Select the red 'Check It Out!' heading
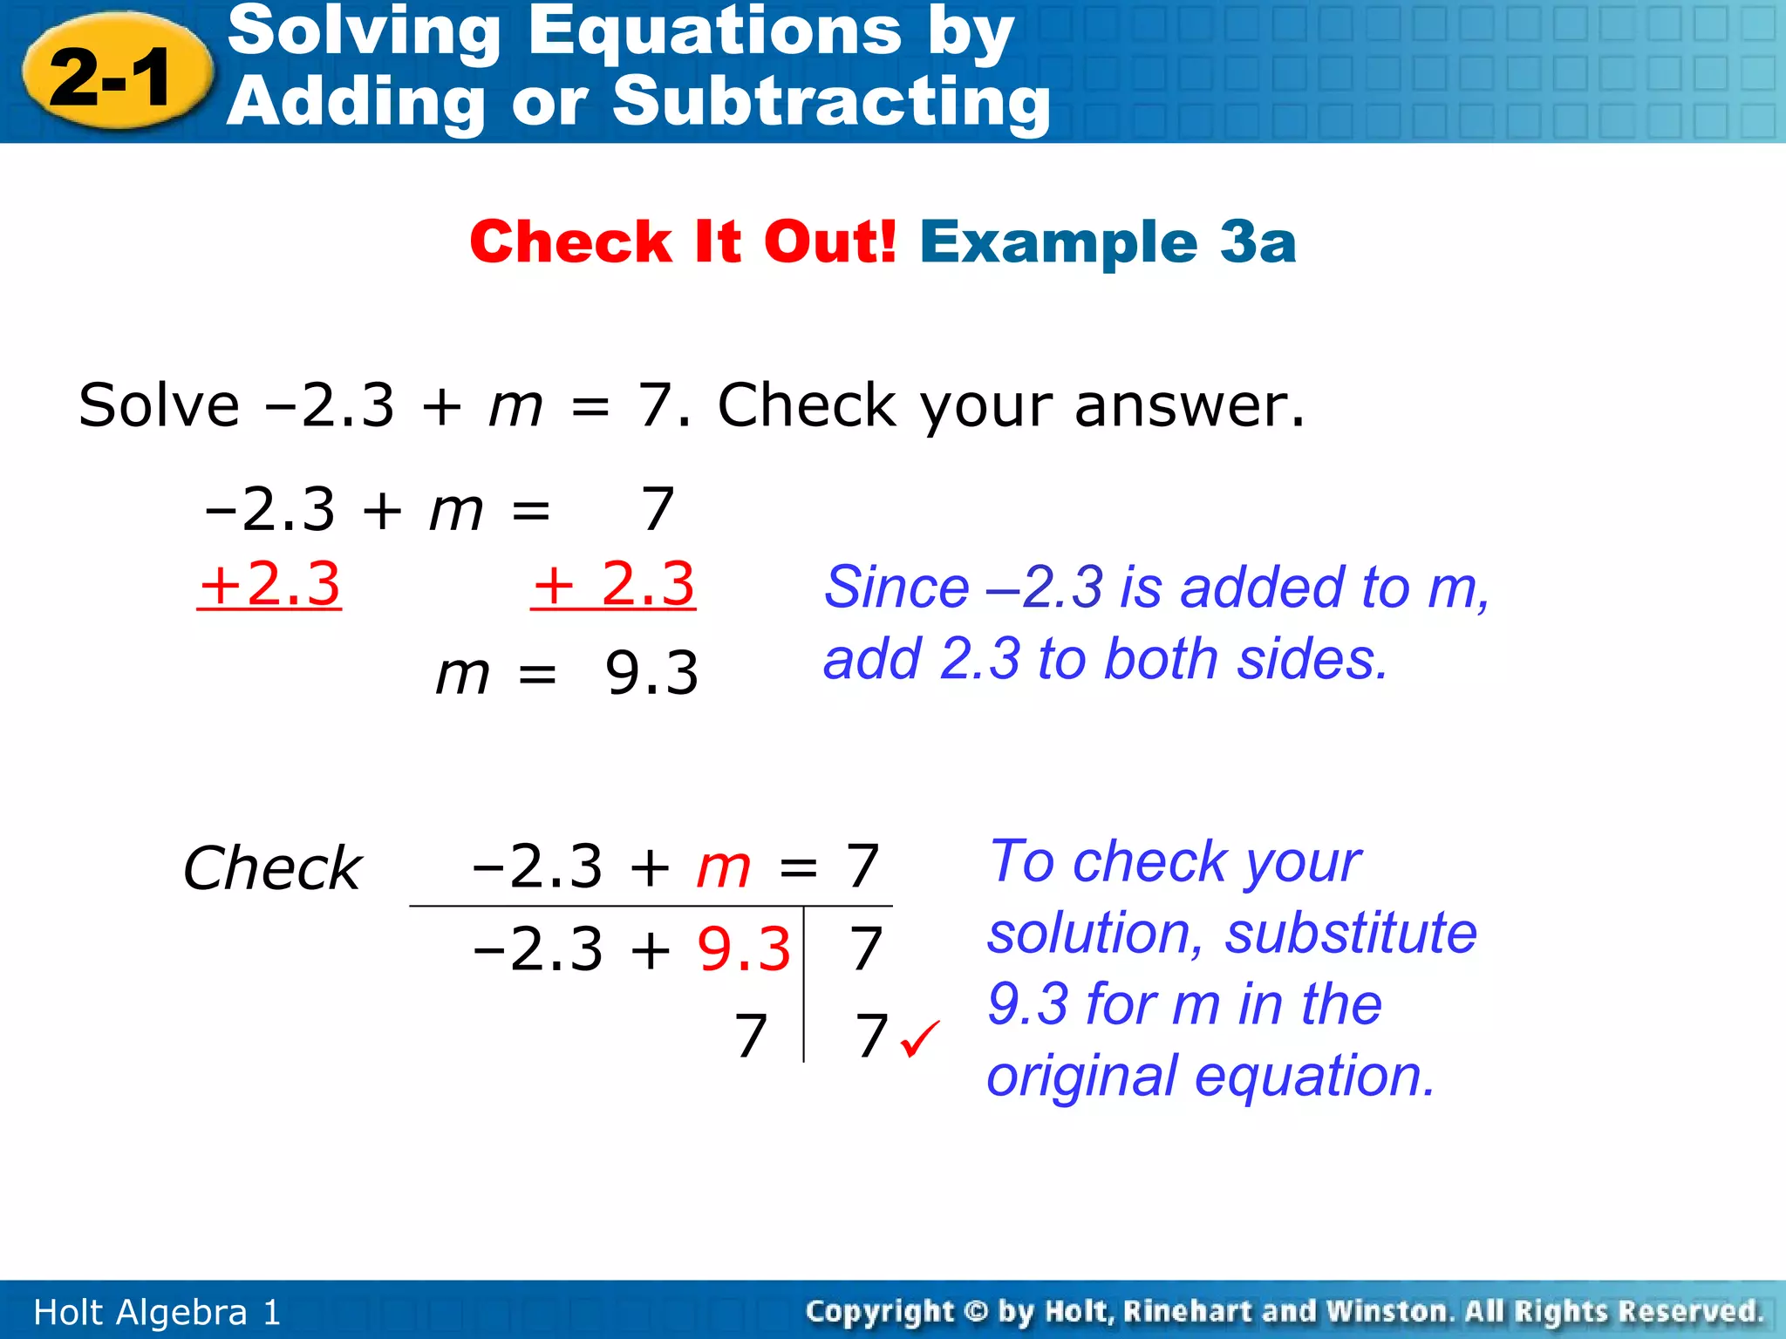(683, 241)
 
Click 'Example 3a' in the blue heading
(1108, 241)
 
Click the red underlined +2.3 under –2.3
(269, 584)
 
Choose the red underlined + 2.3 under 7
(613, 584)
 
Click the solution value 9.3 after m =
(651, 673)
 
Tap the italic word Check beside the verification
(272, 868)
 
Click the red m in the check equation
(723, 867)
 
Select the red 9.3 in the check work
(744, 948)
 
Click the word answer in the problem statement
(1189, 405)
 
